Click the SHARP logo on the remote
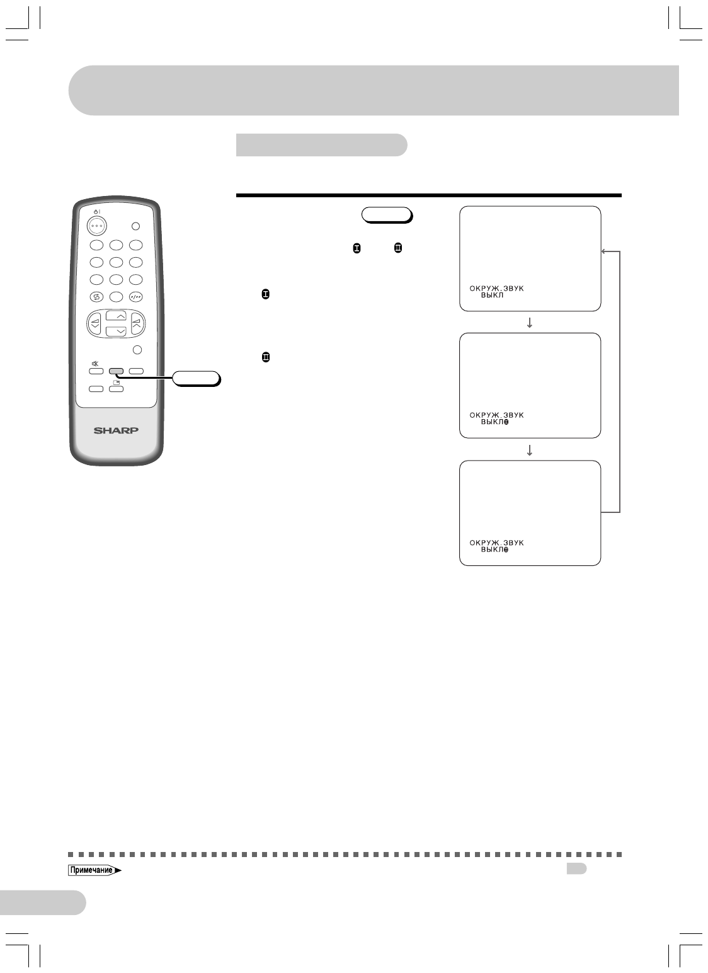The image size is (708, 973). (x=117, y=431)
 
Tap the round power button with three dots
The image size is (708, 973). (x=96, y=225)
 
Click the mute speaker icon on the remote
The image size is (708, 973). (x=95, y=364)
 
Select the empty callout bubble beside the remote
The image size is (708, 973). (x=196, y=378)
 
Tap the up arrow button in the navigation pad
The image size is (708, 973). (x=117, y=316)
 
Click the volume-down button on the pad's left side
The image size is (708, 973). (x=96, y=324)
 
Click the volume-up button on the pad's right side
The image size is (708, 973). (x=137, y=324)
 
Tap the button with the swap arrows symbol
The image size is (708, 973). (x=96, y=297)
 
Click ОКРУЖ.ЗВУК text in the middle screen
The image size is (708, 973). (x=496, y=415)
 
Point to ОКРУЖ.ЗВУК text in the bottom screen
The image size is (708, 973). (x=496, y=543)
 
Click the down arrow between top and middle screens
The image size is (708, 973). (x=530, y=323)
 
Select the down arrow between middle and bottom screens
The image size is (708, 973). (x=530, y=450)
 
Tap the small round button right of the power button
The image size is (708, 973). (x=136, y=226)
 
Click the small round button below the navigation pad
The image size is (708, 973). (x=137, y=350)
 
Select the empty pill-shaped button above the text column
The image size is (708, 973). (x=386, y=215)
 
